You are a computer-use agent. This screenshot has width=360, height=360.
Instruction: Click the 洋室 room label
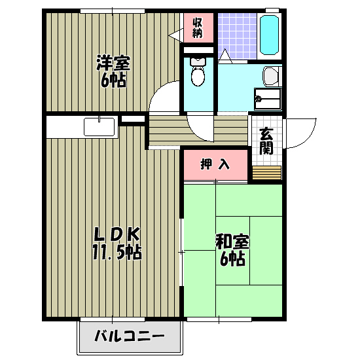point(113,64)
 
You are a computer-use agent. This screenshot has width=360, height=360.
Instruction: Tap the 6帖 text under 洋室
point(113,81)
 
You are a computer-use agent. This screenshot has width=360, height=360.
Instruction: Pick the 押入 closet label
point(215,164)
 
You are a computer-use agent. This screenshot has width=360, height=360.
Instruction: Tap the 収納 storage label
point(197,28)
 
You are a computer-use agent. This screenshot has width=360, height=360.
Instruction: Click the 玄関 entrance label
point(266,141)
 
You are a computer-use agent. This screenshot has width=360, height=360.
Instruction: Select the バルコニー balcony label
point(129,338)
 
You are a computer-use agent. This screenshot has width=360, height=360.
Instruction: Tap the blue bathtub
point(270,35)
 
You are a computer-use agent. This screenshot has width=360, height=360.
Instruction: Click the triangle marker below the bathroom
point(225,56)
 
